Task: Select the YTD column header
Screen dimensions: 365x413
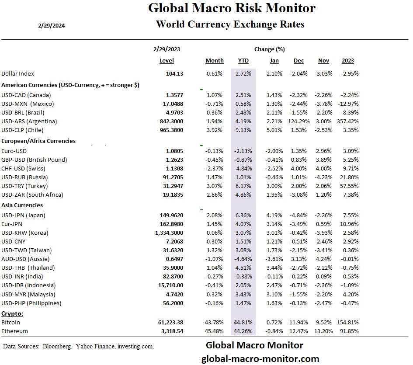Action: coord(243,61)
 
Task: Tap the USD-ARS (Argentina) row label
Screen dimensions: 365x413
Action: coord(29,121)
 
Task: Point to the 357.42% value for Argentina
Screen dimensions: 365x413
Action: coord(348,121)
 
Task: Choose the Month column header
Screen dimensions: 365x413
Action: coord(214,61)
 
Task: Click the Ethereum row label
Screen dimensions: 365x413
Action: coord(14,331)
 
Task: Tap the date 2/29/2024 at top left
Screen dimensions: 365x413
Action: coord(52,25)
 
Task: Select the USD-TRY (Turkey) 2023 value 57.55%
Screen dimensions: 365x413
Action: coord(349,186)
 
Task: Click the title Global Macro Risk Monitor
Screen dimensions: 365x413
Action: coord(232,8)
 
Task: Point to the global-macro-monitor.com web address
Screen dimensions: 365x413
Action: coord(260,358)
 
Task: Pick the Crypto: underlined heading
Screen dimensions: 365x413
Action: coord(12,313)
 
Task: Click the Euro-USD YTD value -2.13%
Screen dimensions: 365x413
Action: coord(243,151)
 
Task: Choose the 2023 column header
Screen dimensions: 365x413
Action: coord(348,61)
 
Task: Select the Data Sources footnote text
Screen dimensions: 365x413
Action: coord(78,346)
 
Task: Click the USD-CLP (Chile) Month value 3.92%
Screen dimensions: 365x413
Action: coord(215,130)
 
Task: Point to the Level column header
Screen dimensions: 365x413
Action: coord(167,61)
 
